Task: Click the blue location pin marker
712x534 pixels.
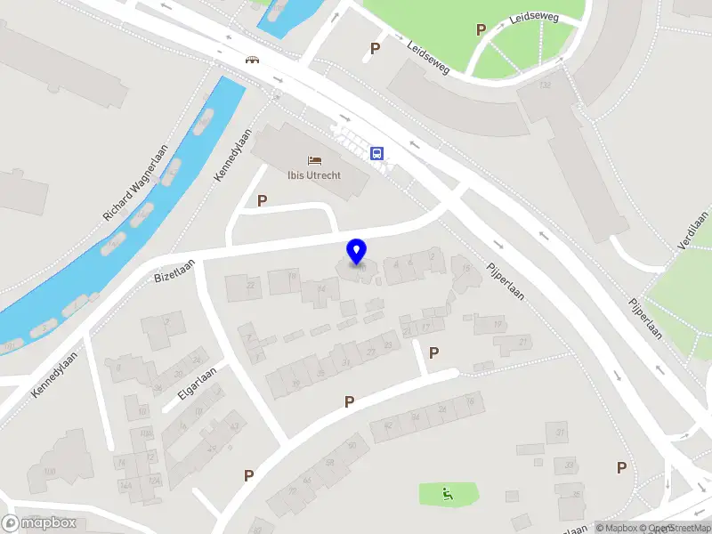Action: click(x=357, y=252)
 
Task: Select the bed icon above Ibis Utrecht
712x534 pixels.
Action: click(x=314, y=160)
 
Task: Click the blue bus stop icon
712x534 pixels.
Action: click(x=377, y=153)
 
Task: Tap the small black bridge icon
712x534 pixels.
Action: click(x=253, y=61)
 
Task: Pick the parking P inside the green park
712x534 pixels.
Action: click(x=481, y=29)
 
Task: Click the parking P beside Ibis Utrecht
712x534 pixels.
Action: click(x=262, y=201)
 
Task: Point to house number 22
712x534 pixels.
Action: click(x=251, y=285)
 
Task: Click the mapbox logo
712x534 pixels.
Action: click(x=40, y=523)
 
